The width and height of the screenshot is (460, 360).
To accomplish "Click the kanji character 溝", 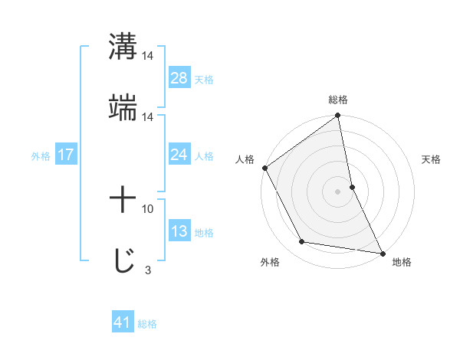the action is pyautogui.click(x=123, y=47).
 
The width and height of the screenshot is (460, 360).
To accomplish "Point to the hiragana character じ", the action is pyautogui.click(x=123, y=261).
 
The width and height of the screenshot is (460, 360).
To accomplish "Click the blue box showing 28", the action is pyautogui.click(x=179, y=79).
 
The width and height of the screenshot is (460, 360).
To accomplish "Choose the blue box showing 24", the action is pyautogui.click(x=179, y=155).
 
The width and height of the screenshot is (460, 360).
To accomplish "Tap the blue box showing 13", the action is pyautogui.click(x=179, y=232).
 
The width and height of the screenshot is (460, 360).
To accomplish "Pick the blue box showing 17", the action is pyautogui.click(x=65, y=155).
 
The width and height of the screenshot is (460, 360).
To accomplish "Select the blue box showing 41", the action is pyautogui.click(x=123, y=323).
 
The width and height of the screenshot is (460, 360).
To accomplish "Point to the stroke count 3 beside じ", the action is pyautogui.click(x=147, y=270).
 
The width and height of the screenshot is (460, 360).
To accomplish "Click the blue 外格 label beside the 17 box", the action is pyautogui.click(x=41, y=156).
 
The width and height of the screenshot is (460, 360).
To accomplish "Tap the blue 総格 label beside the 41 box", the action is pyautogui.click(x=147, y=324).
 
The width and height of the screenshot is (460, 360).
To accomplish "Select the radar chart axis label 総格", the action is pyautogui.click(x=338, y=100).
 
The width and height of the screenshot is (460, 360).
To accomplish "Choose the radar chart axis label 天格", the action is pyautogui.click(x=432, y=160).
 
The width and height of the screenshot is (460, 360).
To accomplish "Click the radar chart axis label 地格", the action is pyautogui.click(x=402, y=263).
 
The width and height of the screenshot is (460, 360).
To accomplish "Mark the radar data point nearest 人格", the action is pyautogui.click(x=264, y=168).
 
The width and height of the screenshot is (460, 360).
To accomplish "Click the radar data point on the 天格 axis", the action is pyautogui.click(x=352, y=186).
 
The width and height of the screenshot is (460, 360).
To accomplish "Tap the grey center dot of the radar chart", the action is pyautogui.click(x=338, y=191).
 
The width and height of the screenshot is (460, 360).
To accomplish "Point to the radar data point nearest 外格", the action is pyautogui.click(x=302, y=242).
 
